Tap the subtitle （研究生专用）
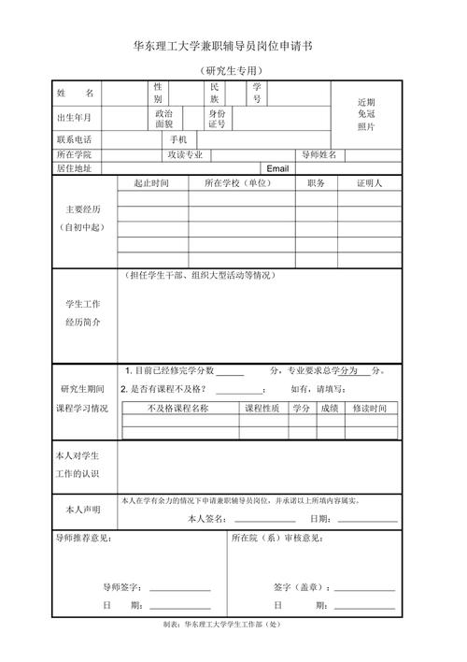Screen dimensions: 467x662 click(x=233, y=71)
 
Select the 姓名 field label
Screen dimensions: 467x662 click(x=76, y=94)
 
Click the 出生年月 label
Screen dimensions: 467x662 click(x=76, y=119)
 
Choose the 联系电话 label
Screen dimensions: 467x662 click(x=76, y=139)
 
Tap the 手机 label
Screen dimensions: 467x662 click(x=178, y=139)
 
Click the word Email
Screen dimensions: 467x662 click(x=278, y=168)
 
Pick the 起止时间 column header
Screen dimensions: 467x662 click(x=151, y=183)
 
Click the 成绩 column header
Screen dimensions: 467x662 click(x=330, y=409)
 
